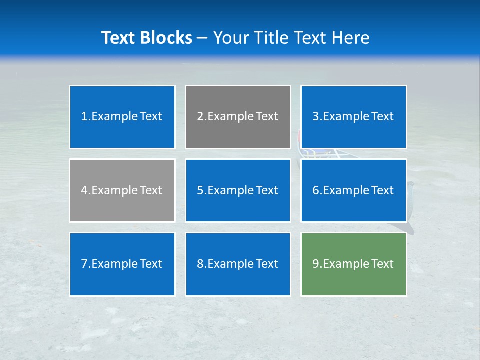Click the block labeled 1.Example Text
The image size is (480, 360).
(122, 117)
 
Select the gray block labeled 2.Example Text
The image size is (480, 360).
(238, 117)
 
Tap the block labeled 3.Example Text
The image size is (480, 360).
(353, 117)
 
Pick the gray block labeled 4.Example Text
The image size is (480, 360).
(122, 190)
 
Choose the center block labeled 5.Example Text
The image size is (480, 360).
(238, 190)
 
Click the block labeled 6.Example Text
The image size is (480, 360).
(353, 190)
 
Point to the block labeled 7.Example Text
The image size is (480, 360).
(122, 264)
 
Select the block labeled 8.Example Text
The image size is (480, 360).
(238, 264)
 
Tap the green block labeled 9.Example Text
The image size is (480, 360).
(353, 264)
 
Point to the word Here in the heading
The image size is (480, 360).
(351, 38)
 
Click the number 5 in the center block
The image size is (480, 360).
(200, 190)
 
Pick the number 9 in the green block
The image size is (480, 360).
(315, 264)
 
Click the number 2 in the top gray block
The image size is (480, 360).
(200, 117)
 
